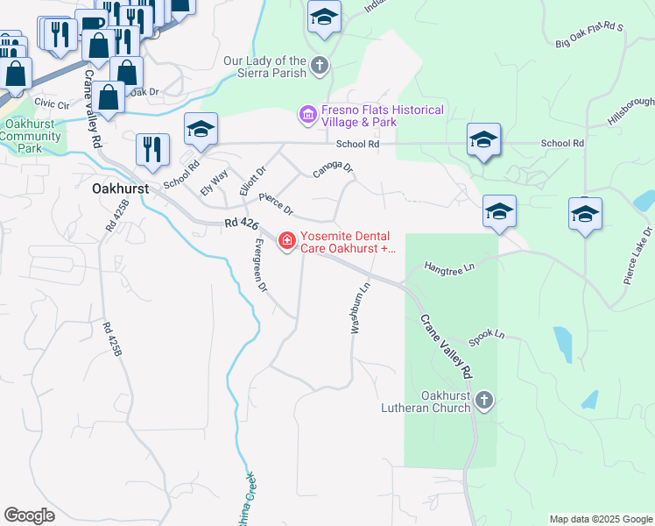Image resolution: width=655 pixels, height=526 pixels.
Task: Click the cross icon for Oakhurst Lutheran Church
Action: tap(485, 402)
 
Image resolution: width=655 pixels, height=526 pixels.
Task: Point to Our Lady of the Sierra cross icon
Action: tap(320, 64)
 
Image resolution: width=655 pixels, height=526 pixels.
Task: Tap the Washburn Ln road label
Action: tap(358, 307)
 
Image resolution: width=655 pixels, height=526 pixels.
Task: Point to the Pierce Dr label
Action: tap(276, 206)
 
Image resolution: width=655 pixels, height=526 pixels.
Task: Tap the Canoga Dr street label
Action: tap(333, 167)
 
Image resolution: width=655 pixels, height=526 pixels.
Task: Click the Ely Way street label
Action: tap(214, 181)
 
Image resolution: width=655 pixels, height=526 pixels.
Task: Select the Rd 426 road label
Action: tap(241, 225)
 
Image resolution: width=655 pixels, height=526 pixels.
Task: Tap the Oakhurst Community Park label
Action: tap(32, 136)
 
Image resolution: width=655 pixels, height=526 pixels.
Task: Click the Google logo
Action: tap(30, 515)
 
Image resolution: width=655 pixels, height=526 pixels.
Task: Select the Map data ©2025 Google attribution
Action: tap(600, 519)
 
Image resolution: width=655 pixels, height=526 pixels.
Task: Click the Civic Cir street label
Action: tap(52, 103)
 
